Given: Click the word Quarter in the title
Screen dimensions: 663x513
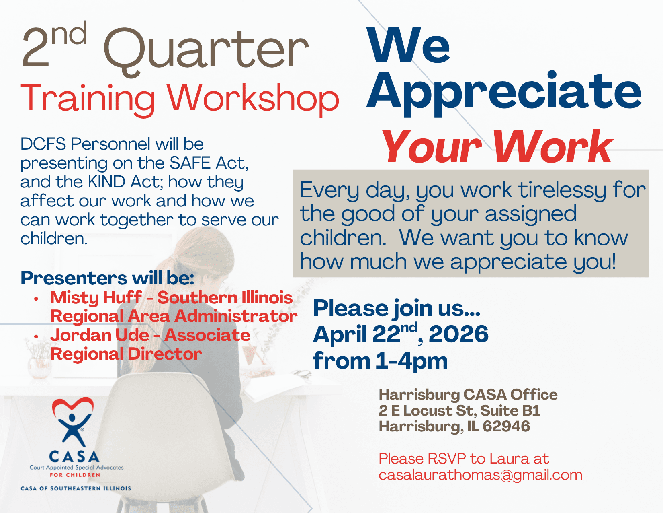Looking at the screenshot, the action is click(x=206, y=50).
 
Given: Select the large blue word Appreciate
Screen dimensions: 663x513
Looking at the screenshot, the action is click(x=504, y=93).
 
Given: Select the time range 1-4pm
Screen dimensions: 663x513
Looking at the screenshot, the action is click(x=411, y=362).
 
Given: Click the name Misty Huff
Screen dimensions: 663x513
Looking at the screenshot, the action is click(x=96, y=298).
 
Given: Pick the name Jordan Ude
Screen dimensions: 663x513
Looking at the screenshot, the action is click(x=100, y=335).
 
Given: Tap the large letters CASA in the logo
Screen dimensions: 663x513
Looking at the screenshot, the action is click(x=74, y=457).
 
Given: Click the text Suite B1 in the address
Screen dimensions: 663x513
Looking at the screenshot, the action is click(x=510, y=410).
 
